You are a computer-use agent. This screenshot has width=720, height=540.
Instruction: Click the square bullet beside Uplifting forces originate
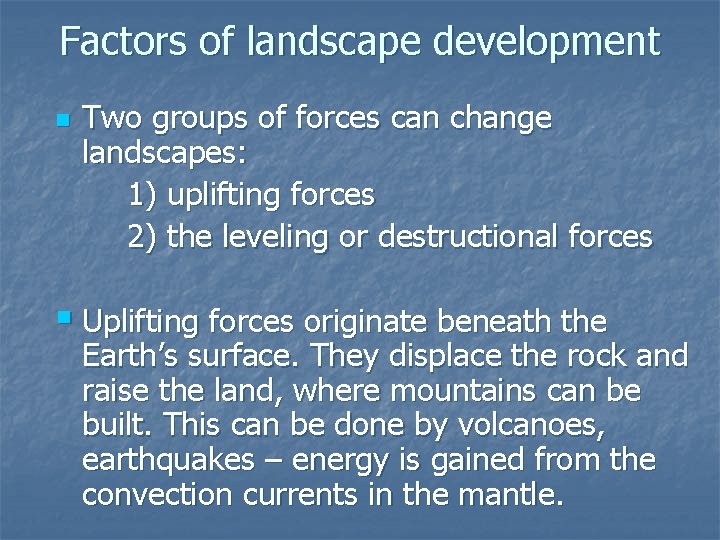point(65,319)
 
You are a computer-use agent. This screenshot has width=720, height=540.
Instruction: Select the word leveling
point(275,238)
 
